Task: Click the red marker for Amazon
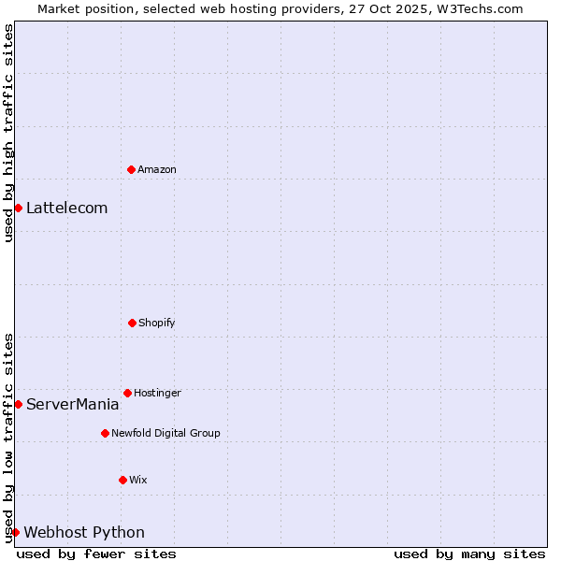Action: [131, 169]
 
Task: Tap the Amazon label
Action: [157, 169]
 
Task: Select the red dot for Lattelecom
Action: [18, 208]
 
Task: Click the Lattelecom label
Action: [66, 208]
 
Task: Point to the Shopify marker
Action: [132, 323]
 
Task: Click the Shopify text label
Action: [157, 323]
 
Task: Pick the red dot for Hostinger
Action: [127, 393]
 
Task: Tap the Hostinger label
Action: [157, 393]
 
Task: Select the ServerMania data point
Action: [18, 404]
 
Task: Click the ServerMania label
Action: [72, 404]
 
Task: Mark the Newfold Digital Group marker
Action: [105, 433]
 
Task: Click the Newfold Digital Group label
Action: [165, 433]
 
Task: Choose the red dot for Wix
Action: [122, 480]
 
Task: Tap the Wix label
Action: [138, 480]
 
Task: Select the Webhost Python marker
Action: [15, 532]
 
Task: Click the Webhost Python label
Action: [84, 532]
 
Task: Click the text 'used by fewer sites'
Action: [96, 554]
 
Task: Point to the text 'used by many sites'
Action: [469, 554]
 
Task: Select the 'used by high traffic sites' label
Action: [8, 134]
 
